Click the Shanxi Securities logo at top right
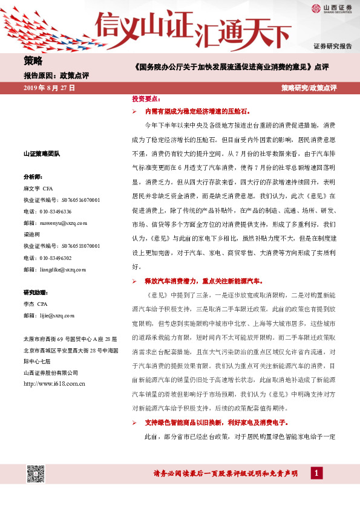click(332, 8)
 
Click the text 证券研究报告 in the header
click(332, 46)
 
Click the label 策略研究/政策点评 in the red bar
click(309, 88)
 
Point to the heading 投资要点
click(145, 98)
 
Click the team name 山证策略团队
click(41, 154)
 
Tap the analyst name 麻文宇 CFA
click(38, 189)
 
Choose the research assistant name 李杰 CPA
click(35, 303)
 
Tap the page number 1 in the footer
click(316, 473)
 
